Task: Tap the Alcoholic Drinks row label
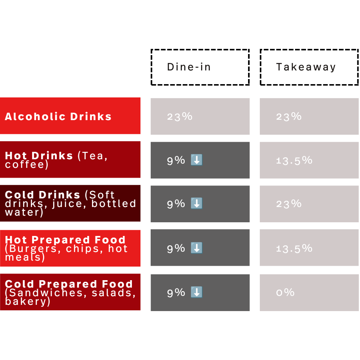click(58, 117)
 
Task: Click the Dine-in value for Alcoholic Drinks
click(180, 117)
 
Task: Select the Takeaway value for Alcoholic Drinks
click(289, 117)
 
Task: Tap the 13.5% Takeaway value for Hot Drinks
click(294, 160)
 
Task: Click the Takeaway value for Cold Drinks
click(289, 204)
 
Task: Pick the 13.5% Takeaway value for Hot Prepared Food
click(294, 248)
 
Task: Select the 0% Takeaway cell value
click(285, 293)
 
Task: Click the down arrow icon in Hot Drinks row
click(196, 160)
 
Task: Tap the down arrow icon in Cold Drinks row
click(196, 203)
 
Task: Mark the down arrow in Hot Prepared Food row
click(196, 248)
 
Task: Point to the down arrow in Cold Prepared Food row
click(196, 292)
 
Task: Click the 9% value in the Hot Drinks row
click(176, 160)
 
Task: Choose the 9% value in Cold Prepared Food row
click(176, 293)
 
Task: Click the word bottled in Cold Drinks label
click(113, 203)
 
